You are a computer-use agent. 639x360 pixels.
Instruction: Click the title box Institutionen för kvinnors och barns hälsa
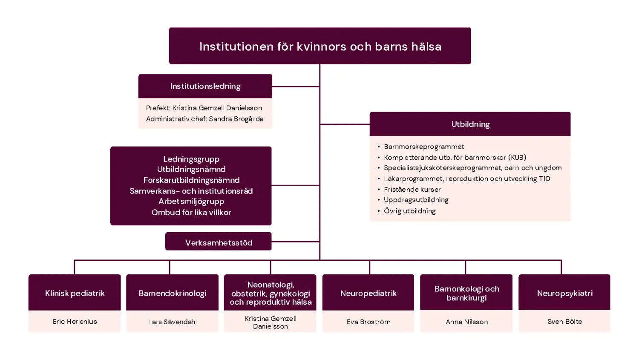tap(320, 46)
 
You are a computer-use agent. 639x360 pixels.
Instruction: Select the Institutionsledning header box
tap(205, 86)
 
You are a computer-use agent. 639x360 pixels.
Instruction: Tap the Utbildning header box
tap(470, 124)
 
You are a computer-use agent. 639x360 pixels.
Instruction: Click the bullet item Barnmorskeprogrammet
tap(424, 147)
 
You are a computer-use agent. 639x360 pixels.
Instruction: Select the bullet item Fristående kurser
tap(412, 189)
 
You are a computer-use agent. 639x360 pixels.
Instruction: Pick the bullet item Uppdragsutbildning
tap(416, 200)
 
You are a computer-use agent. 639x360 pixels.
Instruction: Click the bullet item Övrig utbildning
tap(409, 211)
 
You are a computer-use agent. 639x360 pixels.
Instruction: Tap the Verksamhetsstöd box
tap(219, 242)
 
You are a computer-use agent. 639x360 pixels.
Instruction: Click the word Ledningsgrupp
tap(191, 159)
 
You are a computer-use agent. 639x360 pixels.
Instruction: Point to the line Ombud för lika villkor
tap(191, 212)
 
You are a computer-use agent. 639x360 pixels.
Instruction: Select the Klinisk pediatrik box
tap(75, 293)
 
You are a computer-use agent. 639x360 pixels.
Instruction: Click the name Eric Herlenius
tap(75, 322)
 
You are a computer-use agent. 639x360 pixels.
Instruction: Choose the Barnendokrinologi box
tap(173, 293)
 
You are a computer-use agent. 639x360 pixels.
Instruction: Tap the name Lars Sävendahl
tap(173, 322)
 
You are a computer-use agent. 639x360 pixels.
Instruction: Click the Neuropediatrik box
tap(368, 293)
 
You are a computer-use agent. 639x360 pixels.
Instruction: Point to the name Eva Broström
tap(368, 322)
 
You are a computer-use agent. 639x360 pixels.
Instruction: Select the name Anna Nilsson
tap(466, 322)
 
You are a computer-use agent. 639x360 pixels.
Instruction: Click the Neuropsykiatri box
tap(564, 293)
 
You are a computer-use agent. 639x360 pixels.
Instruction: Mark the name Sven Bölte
tap(564, 322)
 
